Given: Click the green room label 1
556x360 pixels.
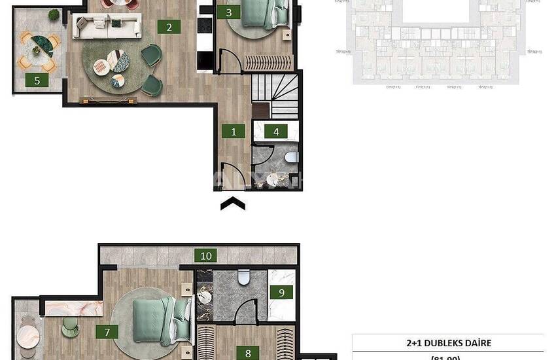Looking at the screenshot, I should [x=234, y=131].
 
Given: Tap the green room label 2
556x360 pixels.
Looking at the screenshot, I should [x=169, y=27].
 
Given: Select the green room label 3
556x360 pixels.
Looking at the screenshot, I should [x=228, y=12].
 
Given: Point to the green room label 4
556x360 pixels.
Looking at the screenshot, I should [x=276, y=132].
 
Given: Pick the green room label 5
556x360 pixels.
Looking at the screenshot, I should [x=37, y=81].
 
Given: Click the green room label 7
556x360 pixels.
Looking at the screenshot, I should [x=107, y=332].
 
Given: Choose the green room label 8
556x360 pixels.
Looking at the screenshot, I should [x=248, y=353].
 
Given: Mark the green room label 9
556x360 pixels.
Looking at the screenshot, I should [x=282, y=292].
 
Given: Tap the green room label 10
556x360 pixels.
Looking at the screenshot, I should [x=206, y=255].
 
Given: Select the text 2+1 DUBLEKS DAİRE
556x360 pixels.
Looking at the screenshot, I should [x=448, y=343].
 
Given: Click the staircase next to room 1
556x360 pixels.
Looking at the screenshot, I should [x=275, y=95].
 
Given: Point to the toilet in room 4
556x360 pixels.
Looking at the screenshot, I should [x=291, y=157].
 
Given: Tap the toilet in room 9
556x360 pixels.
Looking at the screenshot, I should [x=244, y=278].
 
